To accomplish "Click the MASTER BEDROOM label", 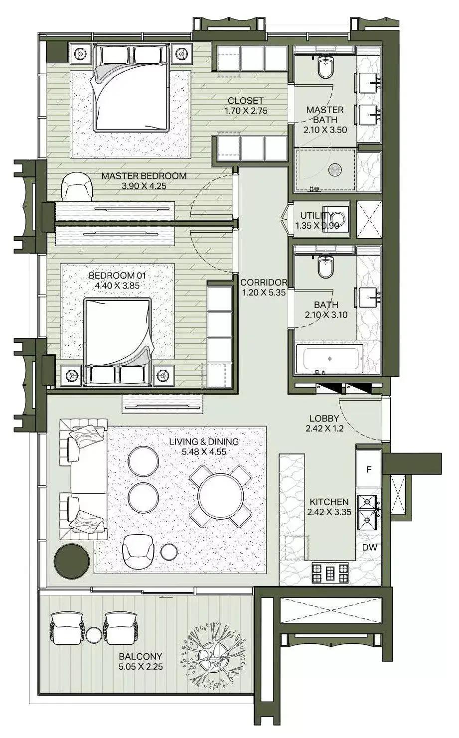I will pos(144,176).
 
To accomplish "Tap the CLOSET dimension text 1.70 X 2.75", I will pos(246,111).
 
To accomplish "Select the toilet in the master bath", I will pos(326,67).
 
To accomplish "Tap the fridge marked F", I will pos(369,469).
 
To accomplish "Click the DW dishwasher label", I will pos(369,548).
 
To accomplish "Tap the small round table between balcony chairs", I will pos(94,634).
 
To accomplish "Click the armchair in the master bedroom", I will pos(77,186).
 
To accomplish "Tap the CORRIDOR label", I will pos(263,283).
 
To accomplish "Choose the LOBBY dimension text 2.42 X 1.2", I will pos(324,428).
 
